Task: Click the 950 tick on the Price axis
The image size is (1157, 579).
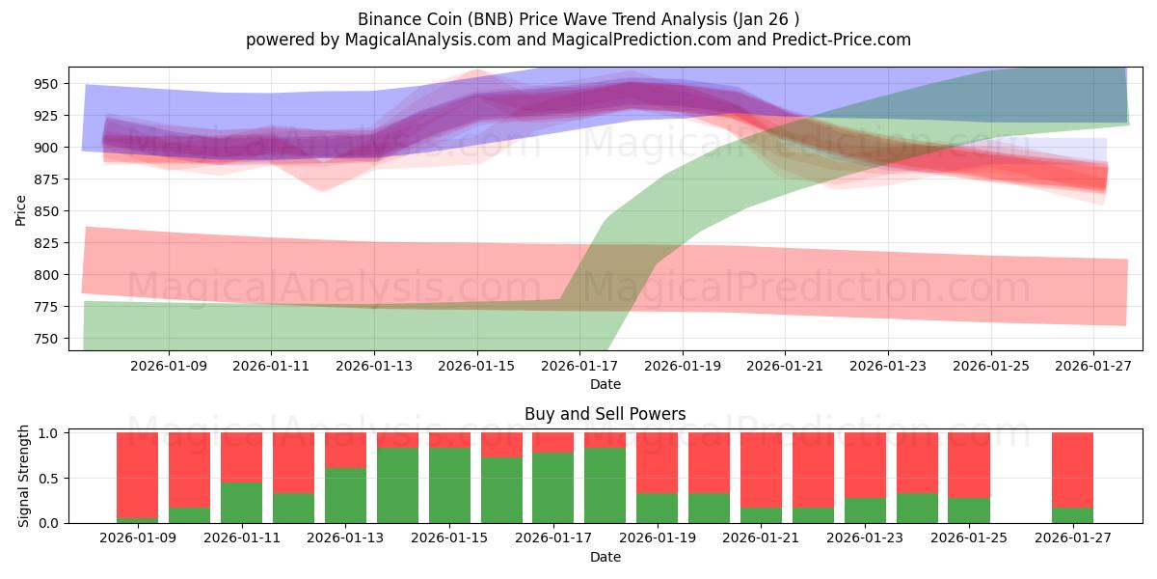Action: coord(46,84)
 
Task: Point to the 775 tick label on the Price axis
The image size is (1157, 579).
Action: coord(46,307)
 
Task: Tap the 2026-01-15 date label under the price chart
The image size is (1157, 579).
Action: coord(477,367)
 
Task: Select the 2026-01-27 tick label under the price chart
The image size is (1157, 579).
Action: coord(1093,367)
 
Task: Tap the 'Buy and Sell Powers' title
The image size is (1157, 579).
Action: coord(605,414)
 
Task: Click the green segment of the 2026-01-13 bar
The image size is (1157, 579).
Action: coord(345,495)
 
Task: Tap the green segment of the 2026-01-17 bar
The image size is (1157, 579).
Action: coord(552,487)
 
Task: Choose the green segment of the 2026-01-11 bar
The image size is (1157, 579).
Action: coord(241,502)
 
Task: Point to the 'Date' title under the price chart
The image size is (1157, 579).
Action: coord(605,384)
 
